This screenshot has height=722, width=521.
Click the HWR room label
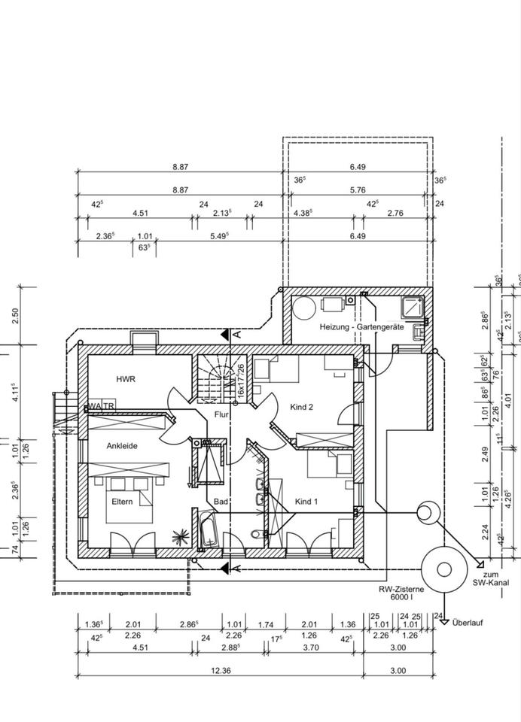pos(125,379)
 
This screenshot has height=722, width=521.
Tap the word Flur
pos(221,414)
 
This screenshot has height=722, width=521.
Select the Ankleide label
pos(121,445)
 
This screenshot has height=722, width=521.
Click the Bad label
pos(221,501)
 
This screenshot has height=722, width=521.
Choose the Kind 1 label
pos(307,501)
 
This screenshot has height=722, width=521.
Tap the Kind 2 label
pos(301,407)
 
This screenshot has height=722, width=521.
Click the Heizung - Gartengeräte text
pos(361,327)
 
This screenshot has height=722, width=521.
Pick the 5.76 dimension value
pos(357,190)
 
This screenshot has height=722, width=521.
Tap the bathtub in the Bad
pos(209,531)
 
